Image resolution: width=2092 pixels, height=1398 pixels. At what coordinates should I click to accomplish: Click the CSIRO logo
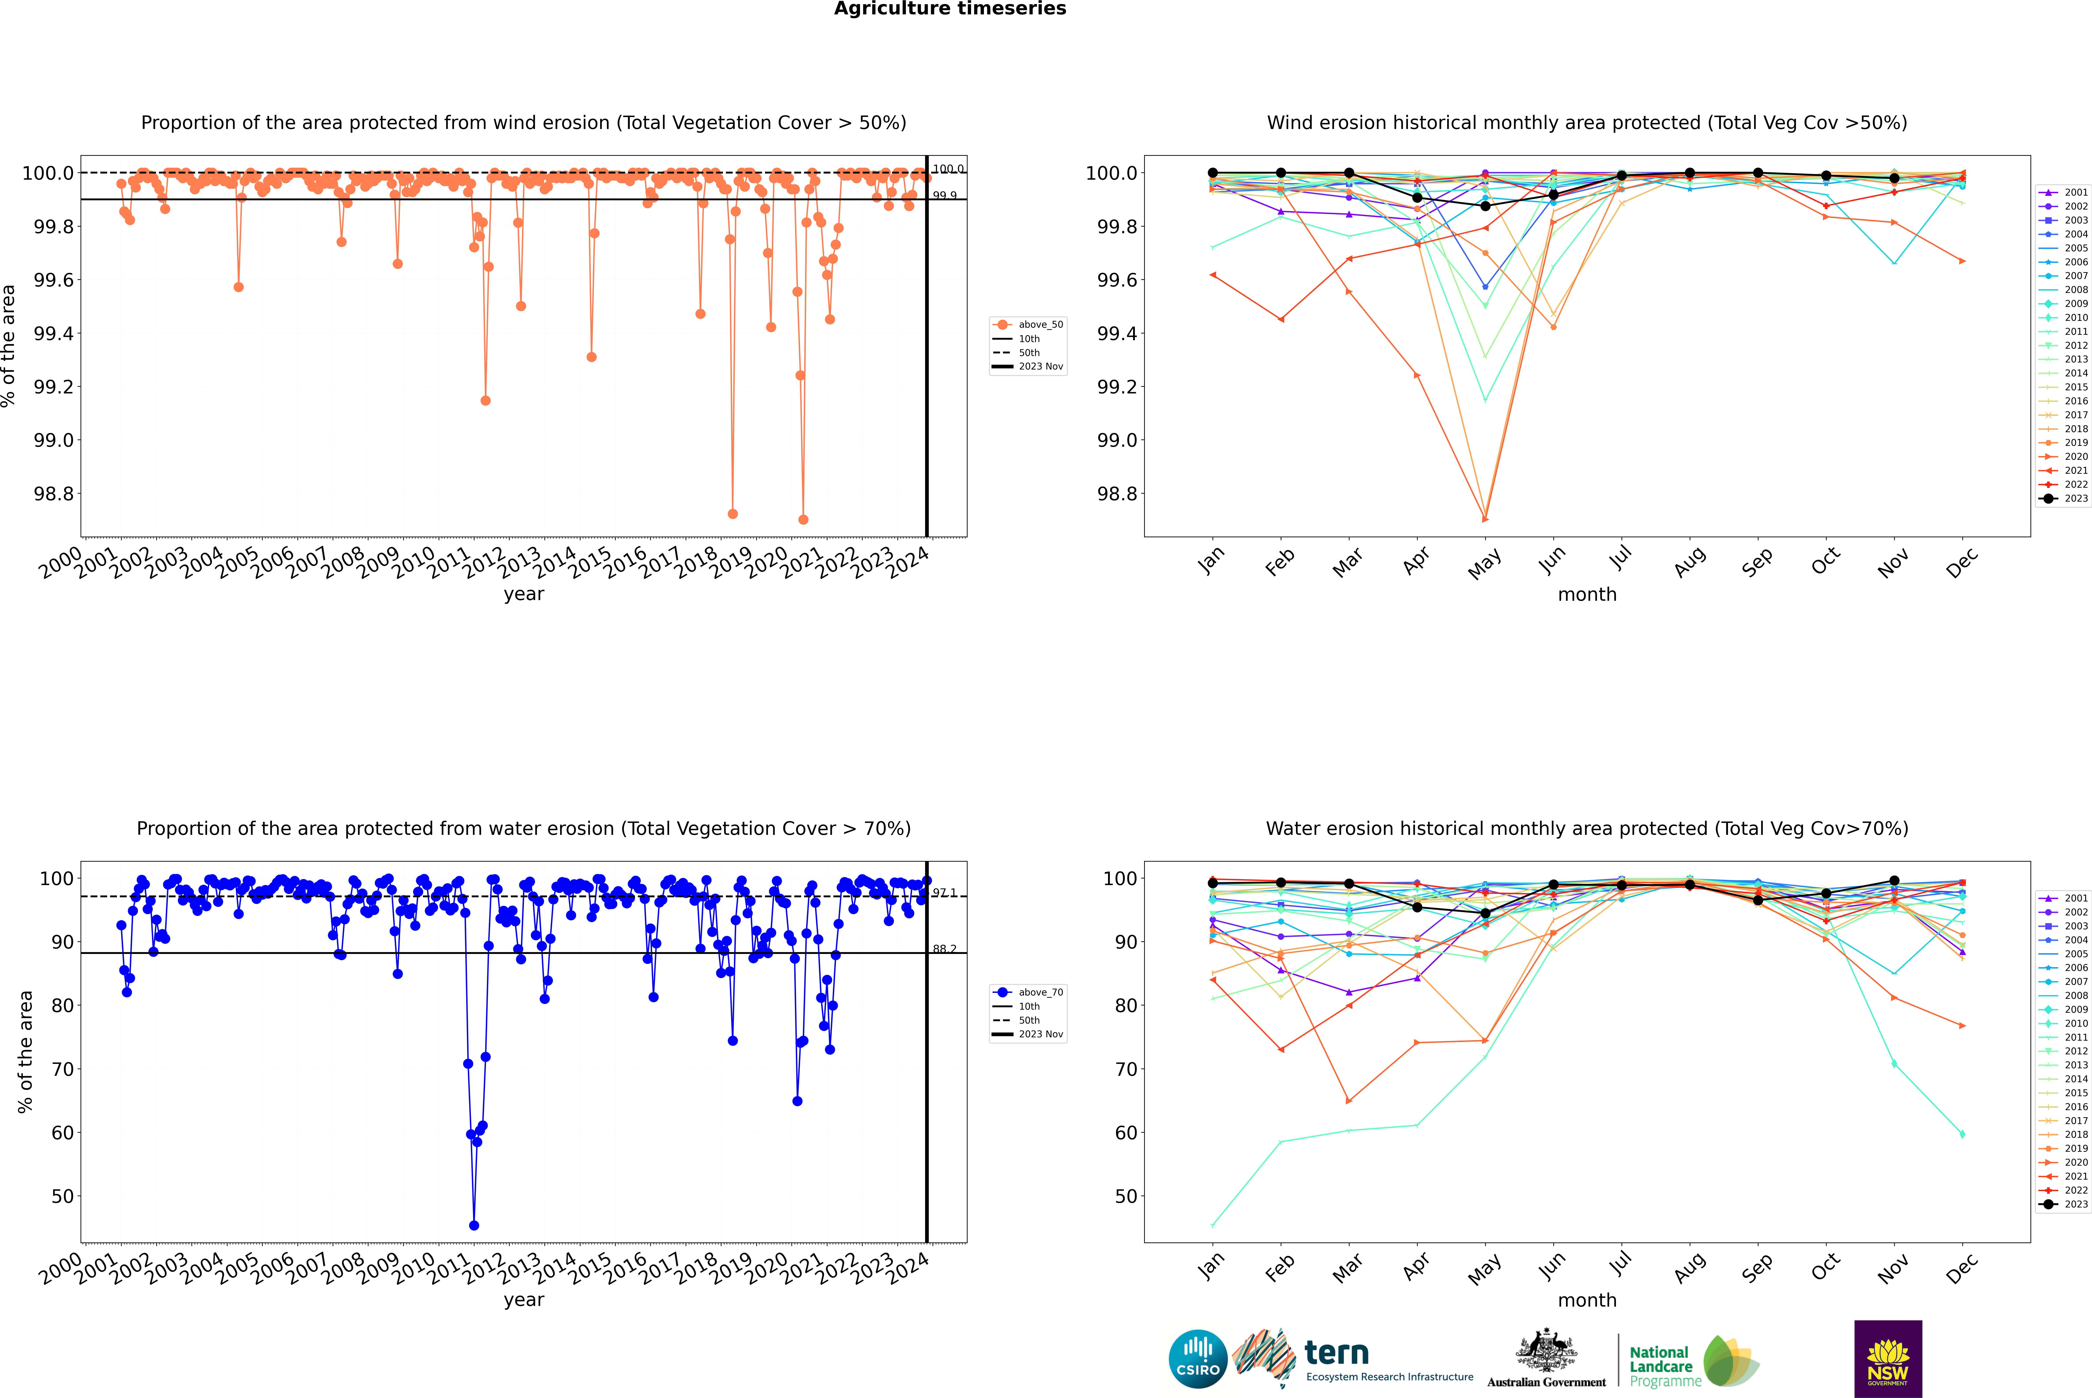point(1198,1359)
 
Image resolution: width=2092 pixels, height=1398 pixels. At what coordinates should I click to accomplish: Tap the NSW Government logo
point(1888,1359)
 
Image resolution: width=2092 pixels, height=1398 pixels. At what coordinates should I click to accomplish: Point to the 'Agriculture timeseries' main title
point(950,9)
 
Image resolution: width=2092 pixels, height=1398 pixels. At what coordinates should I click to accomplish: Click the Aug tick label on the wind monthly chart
point(1690,562)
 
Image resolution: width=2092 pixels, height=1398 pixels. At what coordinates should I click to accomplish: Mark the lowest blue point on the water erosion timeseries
point(474,1226)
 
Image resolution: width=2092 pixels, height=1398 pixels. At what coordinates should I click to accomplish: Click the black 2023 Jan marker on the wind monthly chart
point(1213,173)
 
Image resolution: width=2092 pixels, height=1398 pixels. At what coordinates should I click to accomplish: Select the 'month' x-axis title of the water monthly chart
point(1587,1300)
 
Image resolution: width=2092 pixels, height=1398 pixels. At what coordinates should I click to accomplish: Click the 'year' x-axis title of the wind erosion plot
point(523,594)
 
